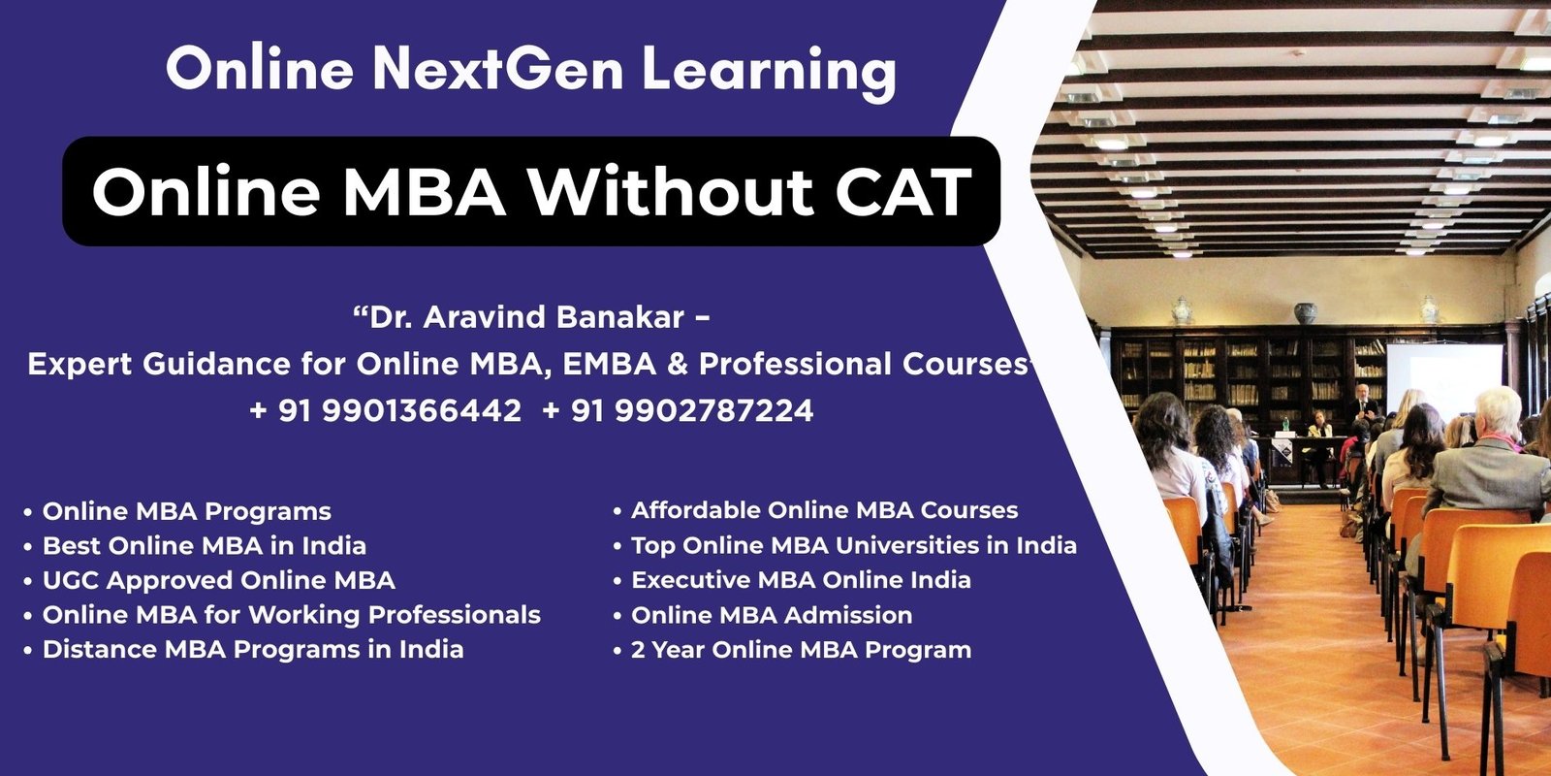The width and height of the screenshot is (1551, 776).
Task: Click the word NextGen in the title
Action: [498, 69]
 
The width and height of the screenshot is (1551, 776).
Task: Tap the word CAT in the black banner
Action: [902, 191]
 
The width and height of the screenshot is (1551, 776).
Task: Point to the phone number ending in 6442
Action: [385, 410]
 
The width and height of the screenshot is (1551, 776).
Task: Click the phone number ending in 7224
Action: [678, 410]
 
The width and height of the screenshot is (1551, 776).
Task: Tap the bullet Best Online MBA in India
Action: [205, 546]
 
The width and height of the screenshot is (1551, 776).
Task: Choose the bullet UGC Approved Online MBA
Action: [219, 581]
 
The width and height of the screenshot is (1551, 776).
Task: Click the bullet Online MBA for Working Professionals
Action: [292, 615]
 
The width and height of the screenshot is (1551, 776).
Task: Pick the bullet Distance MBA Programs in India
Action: [253, 650]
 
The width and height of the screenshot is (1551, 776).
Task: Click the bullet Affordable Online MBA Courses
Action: [825, 510]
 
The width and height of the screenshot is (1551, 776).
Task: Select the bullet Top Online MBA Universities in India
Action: [854, 546]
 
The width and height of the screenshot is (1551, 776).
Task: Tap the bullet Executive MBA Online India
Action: [801, 580]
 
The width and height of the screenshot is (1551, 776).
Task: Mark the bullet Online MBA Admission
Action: [772, 615]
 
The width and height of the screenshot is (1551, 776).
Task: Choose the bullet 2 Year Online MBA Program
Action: [801, 650]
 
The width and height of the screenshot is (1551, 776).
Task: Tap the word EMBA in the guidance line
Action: [610, 365]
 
